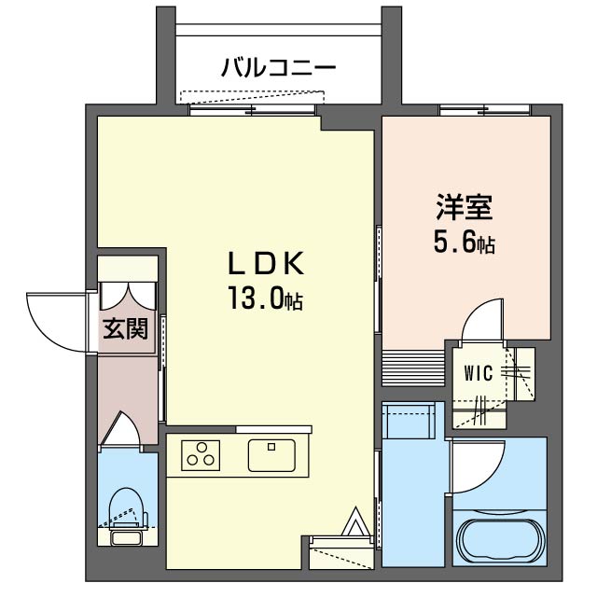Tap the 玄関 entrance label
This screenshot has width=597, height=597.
coord(125,329)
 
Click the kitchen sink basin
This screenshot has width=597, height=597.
coord(271,456)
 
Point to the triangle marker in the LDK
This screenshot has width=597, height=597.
coord(357,524)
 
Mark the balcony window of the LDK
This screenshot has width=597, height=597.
coord(252,109)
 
